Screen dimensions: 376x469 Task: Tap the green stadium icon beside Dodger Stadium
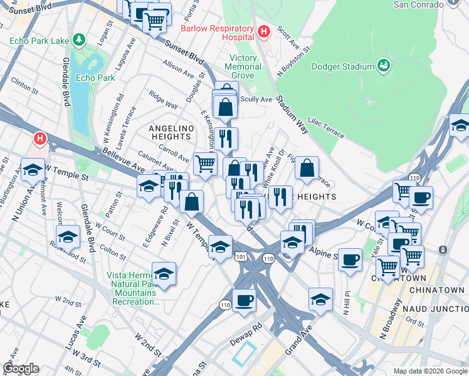pyautogui.click(x=384, y=65)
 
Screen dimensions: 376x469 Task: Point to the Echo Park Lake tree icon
pyautogui.click(x=78, y=41)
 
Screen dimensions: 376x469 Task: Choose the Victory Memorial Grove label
pyautogui.click(x=243, y=66)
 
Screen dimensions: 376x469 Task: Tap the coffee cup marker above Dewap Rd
pyautogui.click(x=244, y=300)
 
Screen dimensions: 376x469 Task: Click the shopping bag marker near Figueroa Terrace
pyautogui.click(x=307, y=168)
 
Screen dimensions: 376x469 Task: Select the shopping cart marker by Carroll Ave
pyautogui.click(x=205, y=164)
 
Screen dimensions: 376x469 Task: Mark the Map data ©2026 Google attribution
pyautogui.click(x=429, y=371)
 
